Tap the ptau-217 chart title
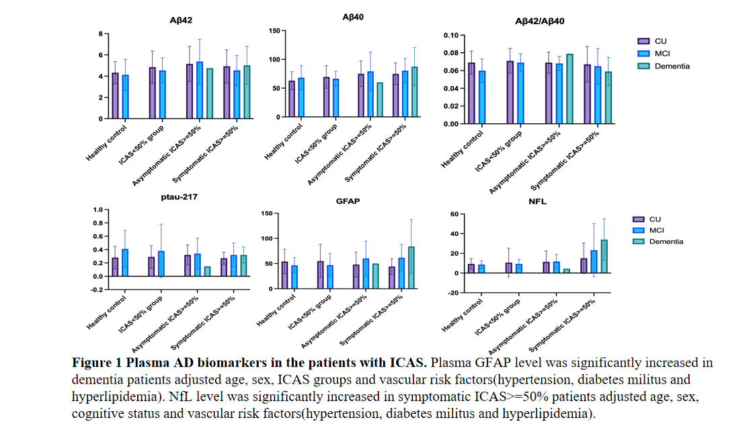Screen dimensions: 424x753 (180, 197)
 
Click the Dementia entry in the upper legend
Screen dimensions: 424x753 (662, 66)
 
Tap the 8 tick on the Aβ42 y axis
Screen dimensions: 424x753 (101, 34)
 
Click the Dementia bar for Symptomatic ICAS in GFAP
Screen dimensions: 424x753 (411, 268)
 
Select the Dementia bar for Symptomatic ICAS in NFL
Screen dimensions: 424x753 (604, 256)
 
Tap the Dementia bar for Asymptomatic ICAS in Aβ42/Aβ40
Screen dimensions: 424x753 (569, 89)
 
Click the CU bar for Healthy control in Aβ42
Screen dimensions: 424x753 (115, 96)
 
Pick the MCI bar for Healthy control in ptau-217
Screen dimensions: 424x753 (125, 262)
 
